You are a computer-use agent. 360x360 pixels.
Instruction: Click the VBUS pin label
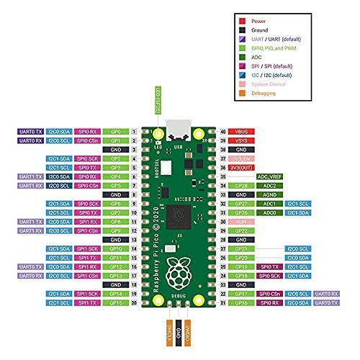[241, 132]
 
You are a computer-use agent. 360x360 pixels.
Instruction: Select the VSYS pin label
[241, 141]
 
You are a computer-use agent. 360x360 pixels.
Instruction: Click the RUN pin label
[241, 221]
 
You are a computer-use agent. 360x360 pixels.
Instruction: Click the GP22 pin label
[241, 230]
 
